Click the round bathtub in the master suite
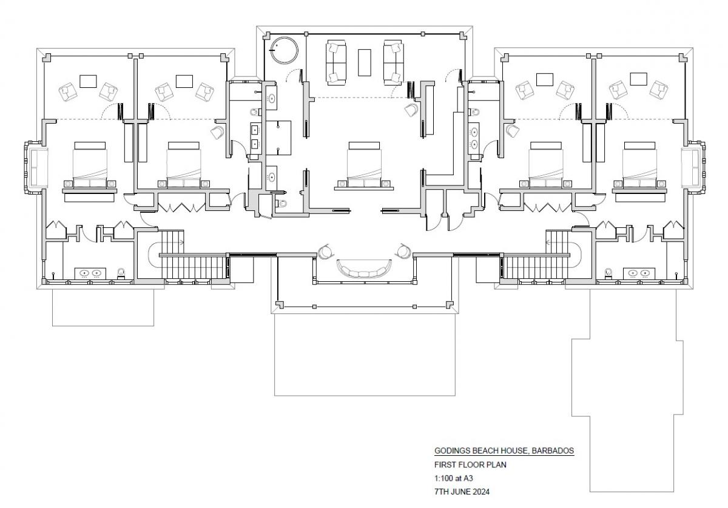[285, 50]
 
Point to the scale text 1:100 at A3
[453, 478]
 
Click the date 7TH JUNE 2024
[462, 492]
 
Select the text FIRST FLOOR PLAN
[470, 465]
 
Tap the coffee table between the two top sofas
[365, 62]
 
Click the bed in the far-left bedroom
[90, 165]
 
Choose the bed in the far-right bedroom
[639, 165]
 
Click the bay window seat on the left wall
[39, 167]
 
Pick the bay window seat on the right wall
[690, 167]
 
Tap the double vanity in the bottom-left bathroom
[90, 273]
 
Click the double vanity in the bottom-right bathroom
[639, 273]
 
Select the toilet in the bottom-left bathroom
[121, 273]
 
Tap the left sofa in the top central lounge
[336, 62]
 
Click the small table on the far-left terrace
[88, 81]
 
